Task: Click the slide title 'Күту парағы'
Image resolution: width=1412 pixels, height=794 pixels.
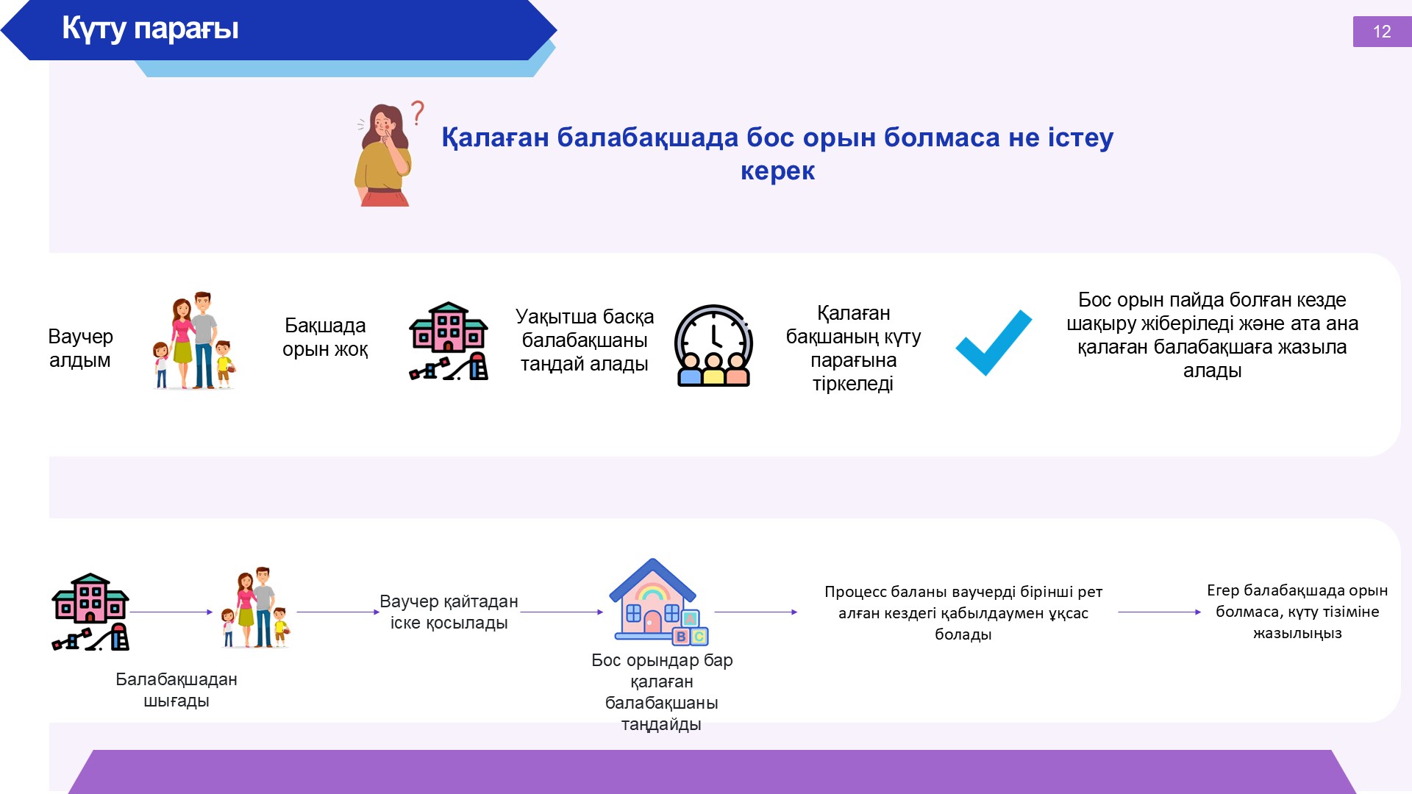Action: (x=150, y=29)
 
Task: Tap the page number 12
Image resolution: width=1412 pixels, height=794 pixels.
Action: (x=1382, y=32)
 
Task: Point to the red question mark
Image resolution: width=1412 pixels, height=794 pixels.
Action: (x=417, y=112)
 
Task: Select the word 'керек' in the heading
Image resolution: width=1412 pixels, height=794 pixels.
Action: (x=777, y=171)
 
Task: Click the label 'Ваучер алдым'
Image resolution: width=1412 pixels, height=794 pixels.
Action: (x=80, y=348)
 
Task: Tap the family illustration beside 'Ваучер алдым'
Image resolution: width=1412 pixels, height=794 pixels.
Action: (x=194, y=340)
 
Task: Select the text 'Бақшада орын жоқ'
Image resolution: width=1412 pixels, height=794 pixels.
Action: (x=325, y=337)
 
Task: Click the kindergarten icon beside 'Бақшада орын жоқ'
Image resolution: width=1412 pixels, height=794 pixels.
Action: (x=449, y=341)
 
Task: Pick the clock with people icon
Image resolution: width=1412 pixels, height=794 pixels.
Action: (x=713, y=346)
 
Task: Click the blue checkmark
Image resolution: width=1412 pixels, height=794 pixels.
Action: (x=994, y=343)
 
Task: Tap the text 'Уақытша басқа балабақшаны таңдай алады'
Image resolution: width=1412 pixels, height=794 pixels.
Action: (x=585, y=340)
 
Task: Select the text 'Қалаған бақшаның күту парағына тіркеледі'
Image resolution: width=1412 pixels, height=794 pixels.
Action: (x=853, y=348)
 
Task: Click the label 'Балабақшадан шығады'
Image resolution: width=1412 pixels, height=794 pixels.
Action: (x=176, y=690)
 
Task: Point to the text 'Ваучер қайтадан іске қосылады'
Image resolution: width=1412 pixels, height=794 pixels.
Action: (x=449, y=612)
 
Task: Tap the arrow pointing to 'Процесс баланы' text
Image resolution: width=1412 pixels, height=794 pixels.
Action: (x=756, y=612)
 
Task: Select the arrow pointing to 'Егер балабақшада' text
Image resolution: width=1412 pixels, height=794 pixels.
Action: (x=1160, y=612)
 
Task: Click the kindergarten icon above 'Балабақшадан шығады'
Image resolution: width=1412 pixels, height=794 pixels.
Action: (x=90, y=612)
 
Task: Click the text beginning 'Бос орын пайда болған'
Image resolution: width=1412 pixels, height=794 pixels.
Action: (x=1212, y=335)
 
